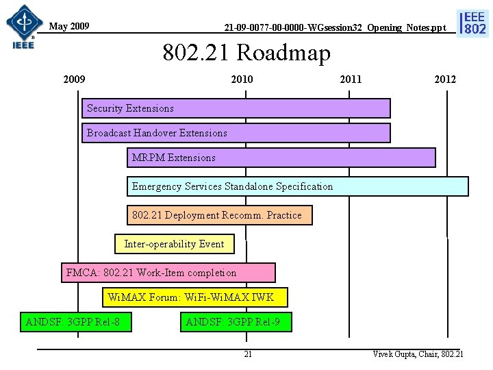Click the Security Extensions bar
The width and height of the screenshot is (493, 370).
coord(236,108)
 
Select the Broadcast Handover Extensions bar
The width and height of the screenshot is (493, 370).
coord(236,133)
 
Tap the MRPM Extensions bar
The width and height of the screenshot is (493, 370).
coord(281,158)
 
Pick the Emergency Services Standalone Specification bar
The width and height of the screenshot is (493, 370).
coord(298,186)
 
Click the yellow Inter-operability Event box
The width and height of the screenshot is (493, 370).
coord(175,244)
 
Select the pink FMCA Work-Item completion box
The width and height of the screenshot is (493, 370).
coord(168,273)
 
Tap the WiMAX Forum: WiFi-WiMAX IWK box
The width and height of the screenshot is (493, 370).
coord(195,297)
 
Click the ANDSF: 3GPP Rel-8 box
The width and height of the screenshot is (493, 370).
coord(76,321)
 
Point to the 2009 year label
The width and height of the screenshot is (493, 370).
coord(74,79)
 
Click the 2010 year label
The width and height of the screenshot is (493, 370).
coord(241,79)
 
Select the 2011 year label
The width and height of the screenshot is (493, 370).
coord(351,79)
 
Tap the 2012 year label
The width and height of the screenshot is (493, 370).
coord(444,79)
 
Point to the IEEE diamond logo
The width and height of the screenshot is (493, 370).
coord(23,24)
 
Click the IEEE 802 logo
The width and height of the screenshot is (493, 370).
coord(475,23)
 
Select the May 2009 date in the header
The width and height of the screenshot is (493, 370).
coord(69,27)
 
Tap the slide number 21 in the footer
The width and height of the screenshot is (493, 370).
coord(248,354)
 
